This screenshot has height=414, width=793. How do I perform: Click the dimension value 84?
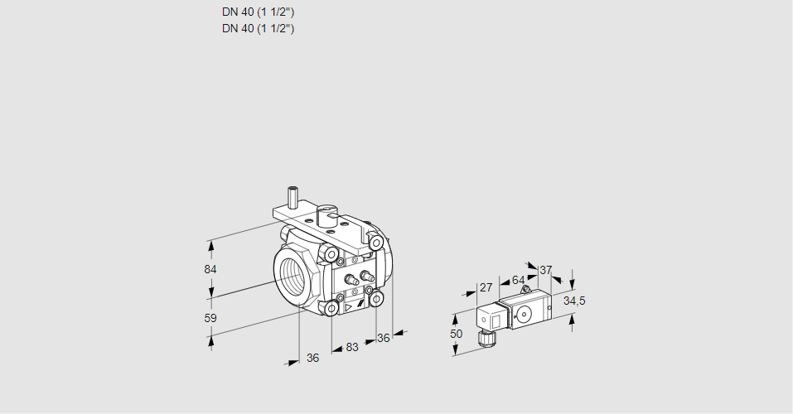tap(210, 270)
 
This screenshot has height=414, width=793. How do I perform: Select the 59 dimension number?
tap(210, 318)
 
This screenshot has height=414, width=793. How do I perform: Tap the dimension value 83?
tap(352, 348)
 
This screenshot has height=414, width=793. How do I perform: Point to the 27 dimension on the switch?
tap(486, 287)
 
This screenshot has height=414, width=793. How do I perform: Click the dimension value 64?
tap(518, 279)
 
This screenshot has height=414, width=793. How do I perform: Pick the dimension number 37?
tap(545, 270)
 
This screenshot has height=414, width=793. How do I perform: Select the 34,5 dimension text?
tap(574, 301)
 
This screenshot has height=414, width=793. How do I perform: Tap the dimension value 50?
tap(456, 333)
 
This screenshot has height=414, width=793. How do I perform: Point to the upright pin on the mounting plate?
tap(293, 197)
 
